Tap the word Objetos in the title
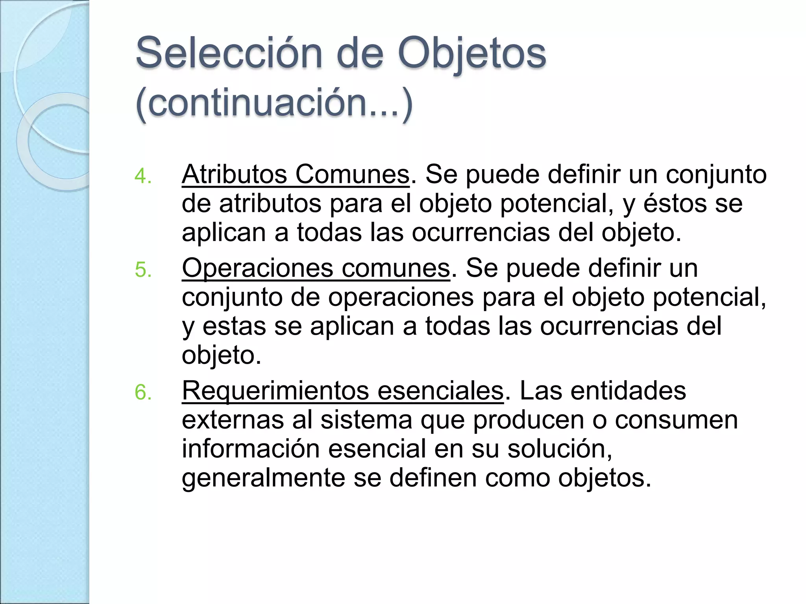pyautogui.click(x=472, y=53)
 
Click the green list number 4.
pyautogui.click(x=142, y=176)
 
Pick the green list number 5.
pyautogui.click(x=143, y=270)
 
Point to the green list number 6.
pyautogui.click(x=143, y=392)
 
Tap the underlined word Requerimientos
pyautogui.click(x=275, y=391)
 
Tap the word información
pyautogui.click(x=250, y=449)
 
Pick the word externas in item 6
pyautogui.click(x=233, y=420)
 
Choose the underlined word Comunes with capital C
pyautogui.click(x=352, y=174)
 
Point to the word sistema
pyautogui.click(x=366, y=420)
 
